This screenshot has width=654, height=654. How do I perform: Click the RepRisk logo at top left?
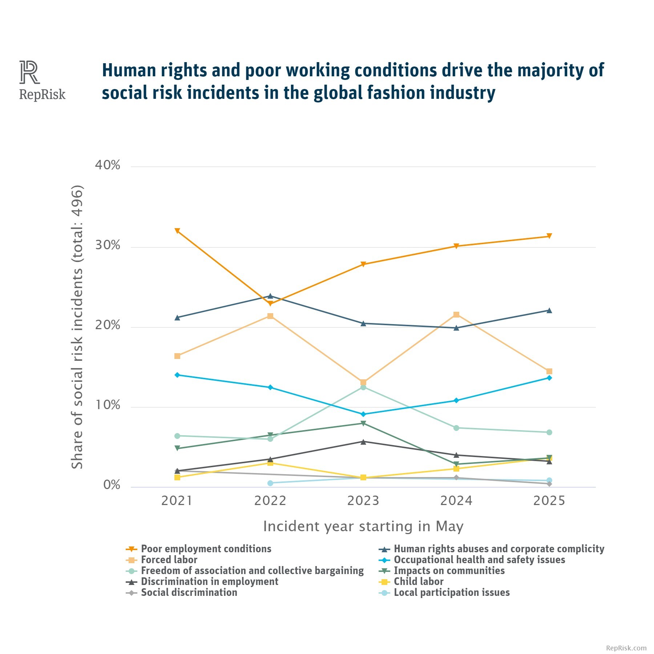tap(42, 81)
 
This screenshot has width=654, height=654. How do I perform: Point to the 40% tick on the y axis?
tap(108, 165)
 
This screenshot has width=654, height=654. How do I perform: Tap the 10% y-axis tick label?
tap(108, 405)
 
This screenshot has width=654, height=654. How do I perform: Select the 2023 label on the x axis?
tap(363, 501)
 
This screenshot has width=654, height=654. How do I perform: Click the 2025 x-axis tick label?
tap(549, 501)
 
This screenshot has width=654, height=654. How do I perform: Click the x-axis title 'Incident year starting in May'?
tap(363, 526)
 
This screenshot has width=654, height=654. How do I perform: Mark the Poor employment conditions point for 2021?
tap(177, 231)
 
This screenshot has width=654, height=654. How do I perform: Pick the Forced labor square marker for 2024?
tap(456, 315)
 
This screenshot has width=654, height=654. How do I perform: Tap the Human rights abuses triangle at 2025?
tap(549, 311)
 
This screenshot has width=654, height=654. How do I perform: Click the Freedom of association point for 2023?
tap(363, 387)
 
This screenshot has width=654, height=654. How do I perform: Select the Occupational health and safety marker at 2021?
tap(177, 375)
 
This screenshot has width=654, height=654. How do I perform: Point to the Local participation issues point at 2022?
tap(270, 483)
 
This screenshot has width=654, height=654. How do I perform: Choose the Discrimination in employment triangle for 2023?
tap(363, 442)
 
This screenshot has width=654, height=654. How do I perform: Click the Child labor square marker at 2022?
tap(270, 463)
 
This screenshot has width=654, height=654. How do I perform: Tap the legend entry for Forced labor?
tap(169, 560)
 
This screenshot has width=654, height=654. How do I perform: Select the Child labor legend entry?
tap(419, 582)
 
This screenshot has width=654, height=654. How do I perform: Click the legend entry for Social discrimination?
tap(189, 593)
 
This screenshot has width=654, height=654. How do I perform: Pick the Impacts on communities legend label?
tap(449, 571)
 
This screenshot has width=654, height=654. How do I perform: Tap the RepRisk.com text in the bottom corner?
tap(626, 648)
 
